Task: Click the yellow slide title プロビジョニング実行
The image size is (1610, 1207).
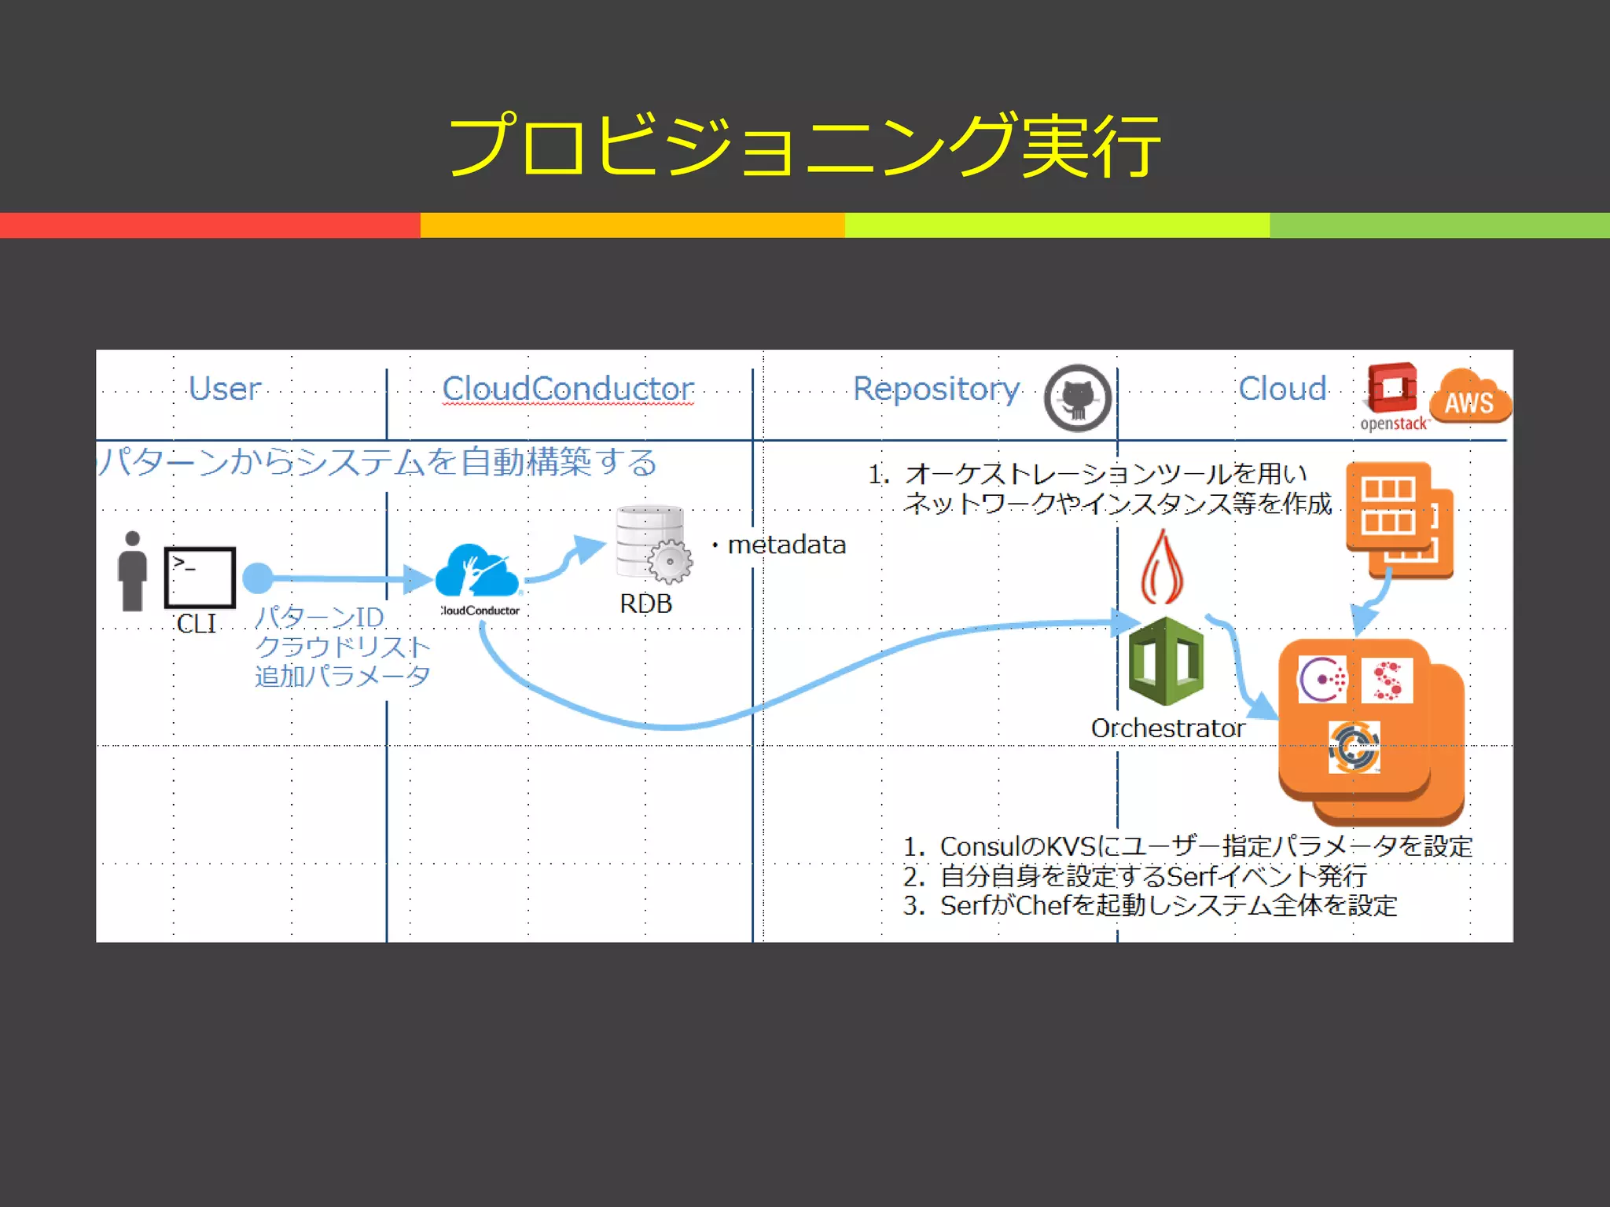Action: [x=803, y=145]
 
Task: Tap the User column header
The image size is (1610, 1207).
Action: [x=225, y=389]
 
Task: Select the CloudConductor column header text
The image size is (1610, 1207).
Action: [x=568, y=389]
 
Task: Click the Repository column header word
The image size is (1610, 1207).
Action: [x=936, y=389]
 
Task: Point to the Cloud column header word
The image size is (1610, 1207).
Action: [x=1282, y=389]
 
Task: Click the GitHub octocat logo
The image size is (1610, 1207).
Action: [x=1078, y=398]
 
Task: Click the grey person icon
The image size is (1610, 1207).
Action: [x=132, y=571]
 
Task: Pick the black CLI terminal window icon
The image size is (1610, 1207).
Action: [x=200, y=578]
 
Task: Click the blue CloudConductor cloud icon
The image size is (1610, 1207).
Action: [x=477, y=571]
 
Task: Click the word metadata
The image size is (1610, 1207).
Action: [x=786, y=545]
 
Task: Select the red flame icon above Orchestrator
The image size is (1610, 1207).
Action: [x=1162, y=567]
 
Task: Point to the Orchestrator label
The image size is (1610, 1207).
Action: [x=1167, y=728]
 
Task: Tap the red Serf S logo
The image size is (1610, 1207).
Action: [x=1388, y=681]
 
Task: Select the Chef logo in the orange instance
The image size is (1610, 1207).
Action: [x=1354, y=747]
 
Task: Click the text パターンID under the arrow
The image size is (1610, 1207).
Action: [x=319, y=618]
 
